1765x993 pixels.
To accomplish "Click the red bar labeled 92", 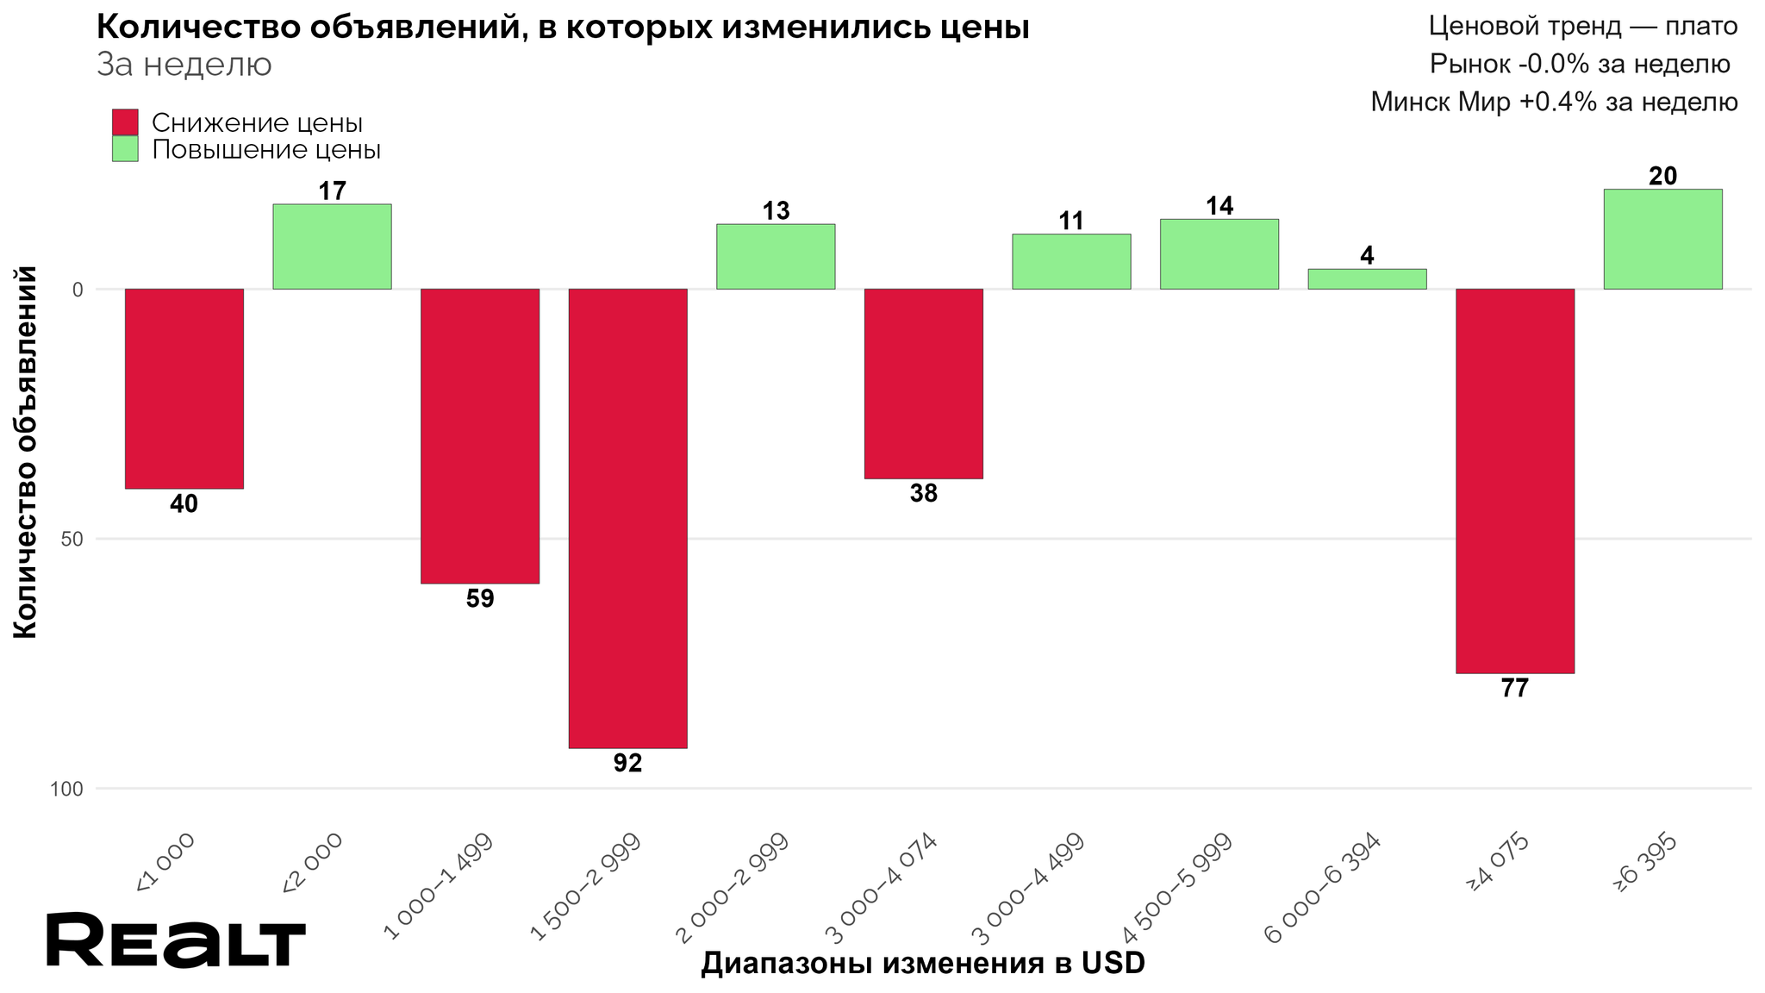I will [x=627, y=517].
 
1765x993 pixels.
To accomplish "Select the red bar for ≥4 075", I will [x=1514, y=480].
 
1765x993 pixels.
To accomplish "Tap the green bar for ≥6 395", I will [x=1662, y=239].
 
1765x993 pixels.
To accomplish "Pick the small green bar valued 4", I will [x=1367, y=278].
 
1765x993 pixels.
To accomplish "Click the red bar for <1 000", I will [x=184, y=388].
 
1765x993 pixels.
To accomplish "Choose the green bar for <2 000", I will [x=332, y=247].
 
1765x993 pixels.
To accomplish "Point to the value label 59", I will [x=480, y=599].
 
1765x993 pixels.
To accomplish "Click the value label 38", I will [x=924, y=494].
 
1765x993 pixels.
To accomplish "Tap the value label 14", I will [x=1219, y=206].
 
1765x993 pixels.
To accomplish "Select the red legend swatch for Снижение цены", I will [x=125, y=122].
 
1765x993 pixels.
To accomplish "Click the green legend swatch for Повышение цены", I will [x=125, y=149].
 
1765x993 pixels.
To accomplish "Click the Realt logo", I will [x=176, y=940].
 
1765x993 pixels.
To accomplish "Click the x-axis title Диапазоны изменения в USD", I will [x=922, y=964].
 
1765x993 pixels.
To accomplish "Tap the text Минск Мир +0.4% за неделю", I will [x=1553, y=103].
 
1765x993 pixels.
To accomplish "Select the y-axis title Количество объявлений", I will [x=26, y=453].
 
